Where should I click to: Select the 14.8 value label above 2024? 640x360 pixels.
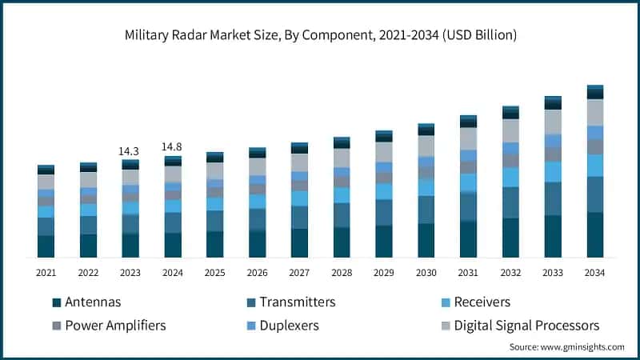point(173,146)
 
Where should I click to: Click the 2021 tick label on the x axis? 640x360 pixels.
point(46,273)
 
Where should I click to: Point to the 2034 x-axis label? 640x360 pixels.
point(594,273)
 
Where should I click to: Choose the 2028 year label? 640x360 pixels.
point(342,273)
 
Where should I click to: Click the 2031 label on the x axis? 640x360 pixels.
point(468,273)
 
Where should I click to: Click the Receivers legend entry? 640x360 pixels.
point(482,302)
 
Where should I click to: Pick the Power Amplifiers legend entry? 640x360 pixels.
point(115,326)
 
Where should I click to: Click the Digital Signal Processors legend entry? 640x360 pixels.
point(526,326)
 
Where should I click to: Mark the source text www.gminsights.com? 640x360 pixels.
point(566,346)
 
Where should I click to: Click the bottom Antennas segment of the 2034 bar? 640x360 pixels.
point(594,234)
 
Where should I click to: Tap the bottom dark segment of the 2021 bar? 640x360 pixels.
point(46,246)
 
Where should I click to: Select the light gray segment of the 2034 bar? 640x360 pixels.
point(594,112)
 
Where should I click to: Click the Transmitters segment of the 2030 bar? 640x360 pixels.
point(426,210)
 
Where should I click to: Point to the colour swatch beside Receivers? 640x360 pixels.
point(443,302)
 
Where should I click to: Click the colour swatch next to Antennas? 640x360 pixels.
point(56,302)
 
